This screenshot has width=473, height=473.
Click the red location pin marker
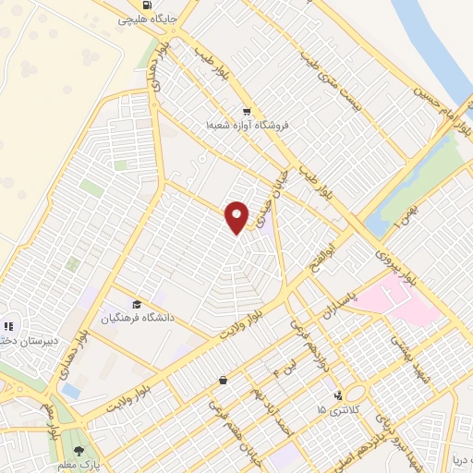237,217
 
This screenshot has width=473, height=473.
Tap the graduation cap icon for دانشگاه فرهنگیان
137,305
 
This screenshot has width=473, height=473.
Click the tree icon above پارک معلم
81,451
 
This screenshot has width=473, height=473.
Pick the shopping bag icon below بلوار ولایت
223,380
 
